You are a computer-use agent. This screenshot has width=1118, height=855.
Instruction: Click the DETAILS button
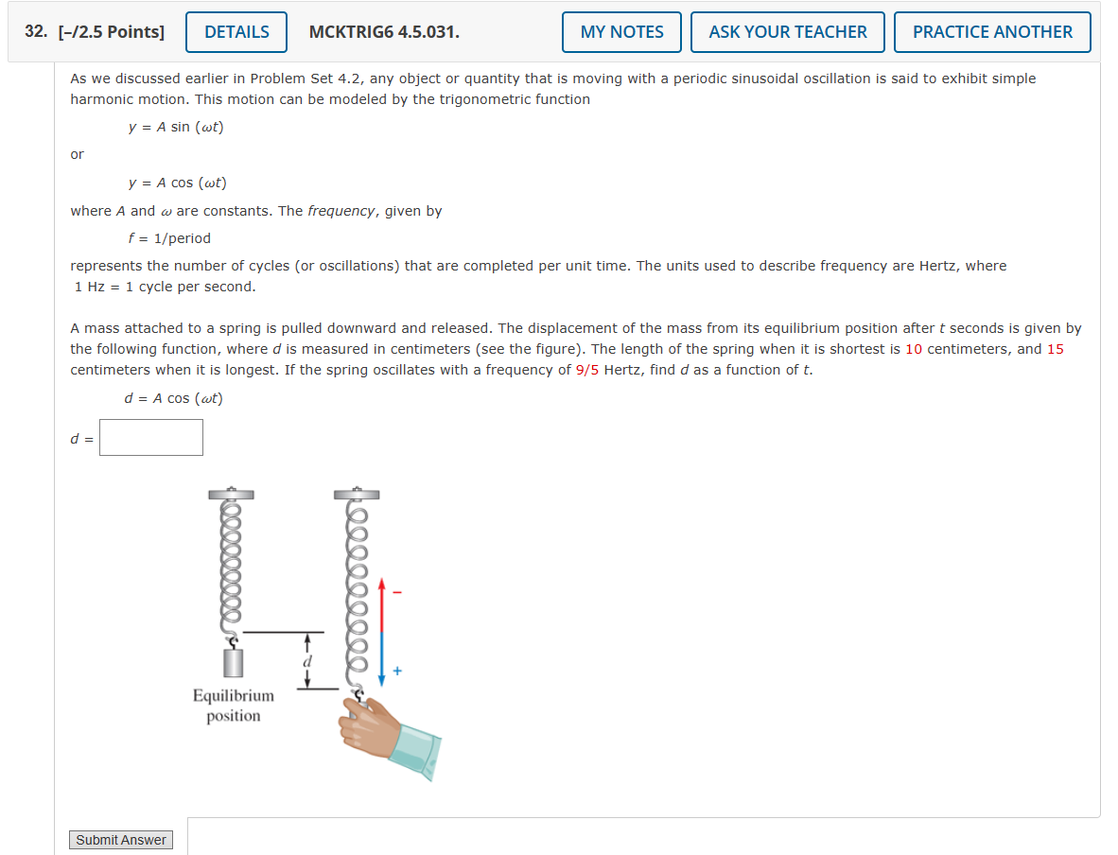236,32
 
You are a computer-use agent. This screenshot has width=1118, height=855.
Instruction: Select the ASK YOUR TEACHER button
787,32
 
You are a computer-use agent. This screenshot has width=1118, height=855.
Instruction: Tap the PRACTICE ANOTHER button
991,32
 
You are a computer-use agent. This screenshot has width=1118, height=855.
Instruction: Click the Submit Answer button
121,840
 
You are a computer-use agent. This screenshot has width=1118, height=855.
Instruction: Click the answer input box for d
151,437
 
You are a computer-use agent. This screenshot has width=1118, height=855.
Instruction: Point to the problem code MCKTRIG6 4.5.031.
384,32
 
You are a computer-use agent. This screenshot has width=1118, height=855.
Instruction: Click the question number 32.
36,32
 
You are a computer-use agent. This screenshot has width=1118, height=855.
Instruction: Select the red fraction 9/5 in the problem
587,370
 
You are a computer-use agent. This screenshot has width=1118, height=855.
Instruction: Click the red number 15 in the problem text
1055,349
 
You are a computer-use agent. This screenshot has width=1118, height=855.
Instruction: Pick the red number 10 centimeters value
914,349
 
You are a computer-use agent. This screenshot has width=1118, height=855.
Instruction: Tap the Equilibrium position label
234,706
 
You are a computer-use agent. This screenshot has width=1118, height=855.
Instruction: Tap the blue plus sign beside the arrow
397,672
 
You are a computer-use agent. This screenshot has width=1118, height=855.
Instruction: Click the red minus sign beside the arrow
397,593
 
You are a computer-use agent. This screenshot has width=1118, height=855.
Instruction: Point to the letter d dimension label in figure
306,660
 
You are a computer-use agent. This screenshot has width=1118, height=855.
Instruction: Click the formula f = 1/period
169,238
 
